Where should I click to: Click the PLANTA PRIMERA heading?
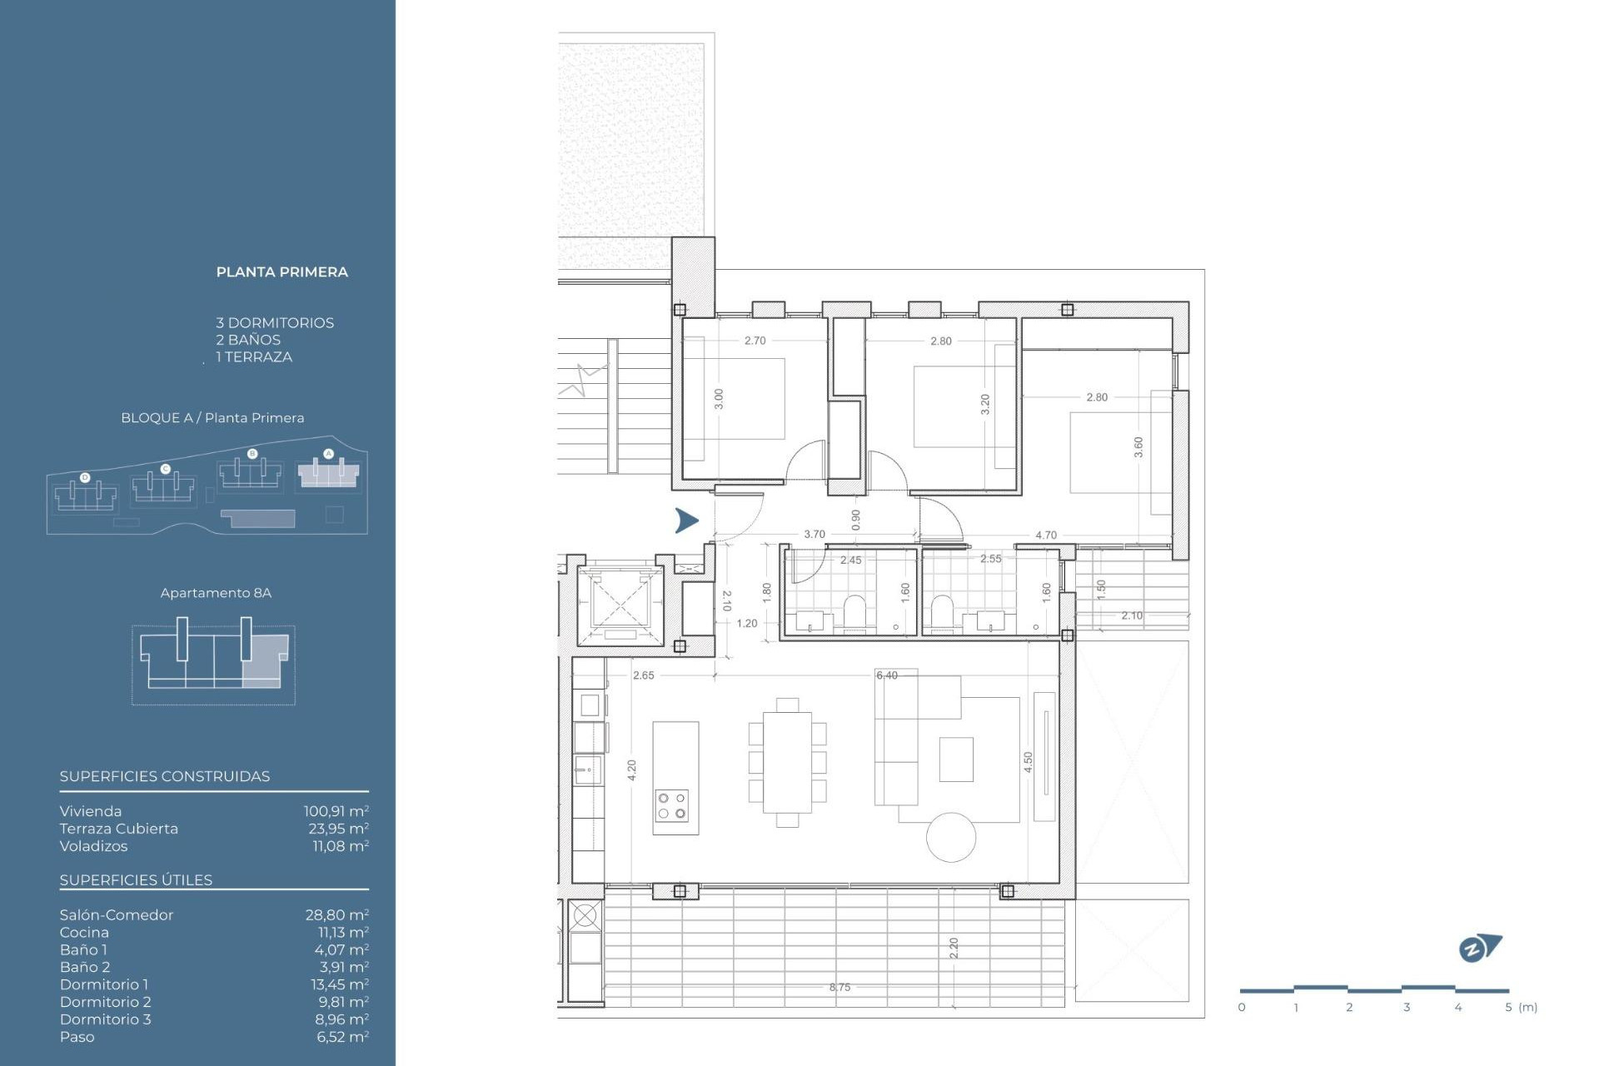(281, 272)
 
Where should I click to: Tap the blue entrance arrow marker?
(686, 521)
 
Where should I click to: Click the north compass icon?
(1479, 948)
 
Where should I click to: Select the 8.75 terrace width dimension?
(839, 988)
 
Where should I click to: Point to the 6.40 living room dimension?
(887, 675)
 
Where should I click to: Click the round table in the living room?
(951, 837)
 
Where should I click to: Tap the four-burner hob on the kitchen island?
(671, 805)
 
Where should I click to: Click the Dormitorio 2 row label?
(106, 1002)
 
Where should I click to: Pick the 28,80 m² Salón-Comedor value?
(336, 915)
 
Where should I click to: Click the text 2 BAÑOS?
(248, 340)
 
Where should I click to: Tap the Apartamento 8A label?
(216, 593)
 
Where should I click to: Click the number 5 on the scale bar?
(1507, 1008)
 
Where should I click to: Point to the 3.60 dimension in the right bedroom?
(1138, 447)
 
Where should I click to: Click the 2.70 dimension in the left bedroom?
(755, 341)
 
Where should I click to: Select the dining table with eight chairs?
(787, 763)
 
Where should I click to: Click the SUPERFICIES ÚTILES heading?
(136, 880)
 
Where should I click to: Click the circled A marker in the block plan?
(328, 454)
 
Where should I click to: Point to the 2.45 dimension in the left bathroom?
(850, 560)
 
